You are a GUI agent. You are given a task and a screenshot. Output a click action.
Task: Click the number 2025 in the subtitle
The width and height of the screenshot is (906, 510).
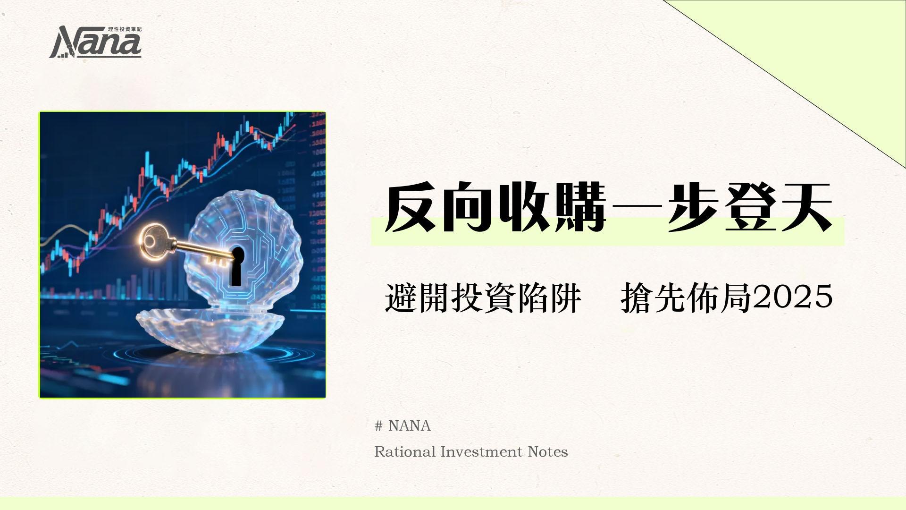click(793, 297)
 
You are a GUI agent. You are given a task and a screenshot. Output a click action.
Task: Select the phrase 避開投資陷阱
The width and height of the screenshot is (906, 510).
click(483, 298)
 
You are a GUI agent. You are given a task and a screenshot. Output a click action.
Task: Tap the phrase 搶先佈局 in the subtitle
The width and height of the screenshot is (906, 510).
click(686, 298)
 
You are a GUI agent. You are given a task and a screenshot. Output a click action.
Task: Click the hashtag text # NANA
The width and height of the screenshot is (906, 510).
click(403, 426)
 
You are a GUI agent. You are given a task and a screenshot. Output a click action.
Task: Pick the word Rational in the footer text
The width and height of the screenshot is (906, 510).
click(405, 452)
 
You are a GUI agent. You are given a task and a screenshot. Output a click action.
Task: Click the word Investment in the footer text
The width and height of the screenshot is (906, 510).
click(482, 452)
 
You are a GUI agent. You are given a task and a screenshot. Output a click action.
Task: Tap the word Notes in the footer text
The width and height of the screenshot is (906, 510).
click(548, 452)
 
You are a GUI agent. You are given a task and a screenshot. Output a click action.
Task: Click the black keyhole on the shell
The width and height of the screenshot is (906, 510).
click(237, 267)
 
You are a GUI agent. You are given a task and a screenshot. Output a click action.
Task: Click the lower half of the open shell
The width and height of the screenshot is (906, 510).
click(210, 328)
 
